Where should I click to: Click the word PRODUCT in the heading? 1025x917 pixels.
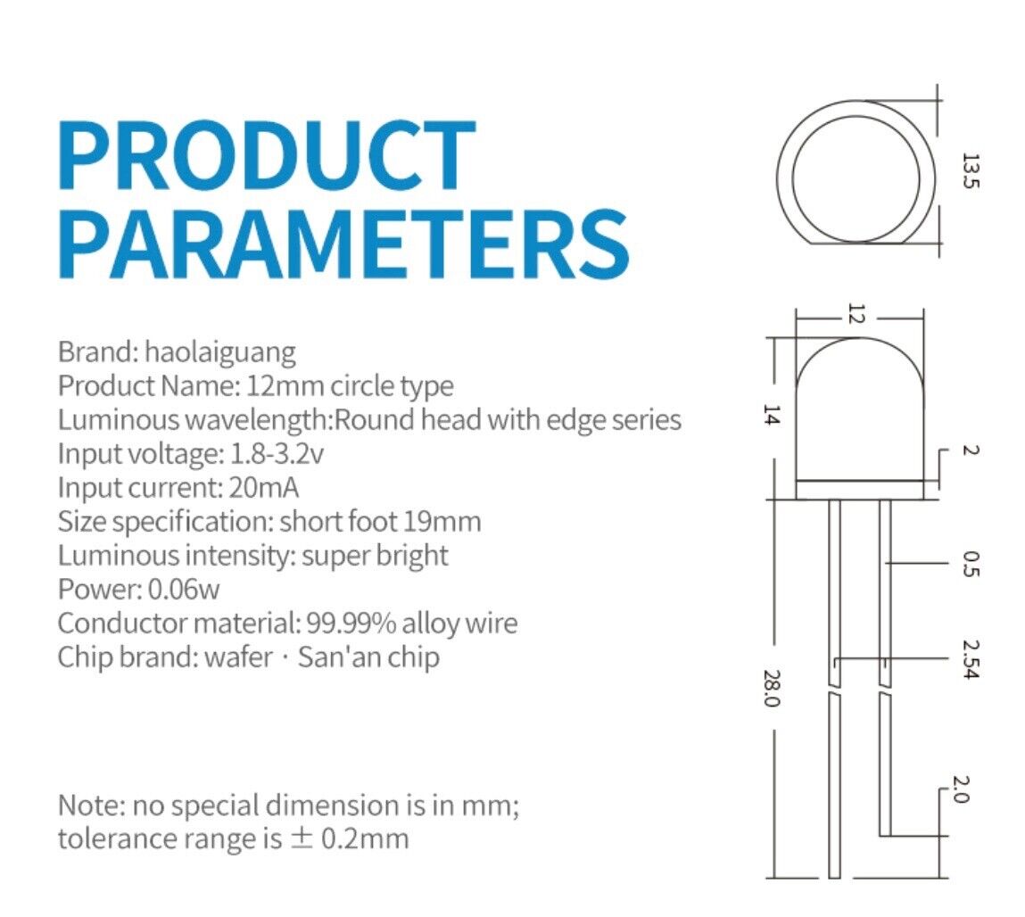267,155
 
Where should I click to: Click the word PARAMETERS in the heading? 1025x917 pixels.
343,244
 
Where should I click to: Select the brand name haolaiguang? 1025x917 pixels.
220,353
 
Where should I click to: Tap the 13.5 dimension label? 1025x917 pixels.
971,170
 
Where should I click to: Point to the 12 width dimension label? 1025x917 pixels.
856,313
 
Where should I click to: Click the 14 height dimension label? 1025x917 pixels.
772,415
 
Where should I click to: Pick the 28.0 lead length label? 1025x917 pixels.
772,688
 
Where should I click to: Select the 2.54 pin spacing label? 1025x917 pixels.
971,659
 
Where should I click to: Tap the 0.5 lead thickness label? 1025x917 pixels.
971,564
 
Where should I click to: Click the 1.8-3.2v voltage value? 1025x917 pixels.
277,454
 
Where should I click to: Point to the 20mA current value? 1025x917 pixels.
264,488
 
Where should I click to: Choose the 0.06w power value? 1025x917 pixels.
184,590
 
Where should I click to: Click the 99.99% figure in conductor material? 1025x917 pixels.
351,624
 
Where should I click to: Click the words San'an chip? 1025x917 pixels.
368,657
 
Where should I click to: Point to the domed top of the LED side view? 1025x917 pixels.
860,338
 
